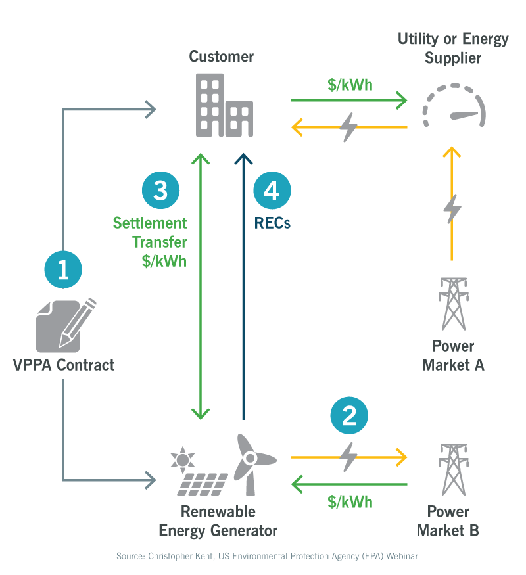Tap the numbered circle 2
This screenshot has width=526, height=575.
click(x=349, y=415)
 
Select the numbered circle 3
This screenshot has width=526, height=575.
click(x=160, y=191)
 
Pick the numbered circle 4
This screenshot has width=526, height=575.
click(x=272, y=191)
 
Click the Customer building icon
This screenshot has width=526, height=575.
click(x=224, y=105)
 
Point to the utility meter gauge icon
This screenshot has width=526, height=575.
click(x=454, y=107)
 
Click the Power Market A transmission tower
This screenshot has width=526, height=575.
click(x=452, y=304)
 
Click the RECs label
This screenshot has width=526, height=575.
click(x=272, y=223)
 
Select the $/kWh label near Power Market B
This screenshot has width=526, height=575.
click(x=350, y=502)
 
